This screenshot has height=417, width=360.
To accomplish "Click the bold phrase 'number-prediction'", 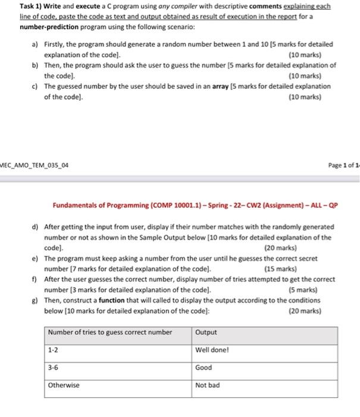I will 48,27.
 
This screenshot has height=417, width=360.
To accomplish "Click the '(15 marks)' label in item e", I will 280,269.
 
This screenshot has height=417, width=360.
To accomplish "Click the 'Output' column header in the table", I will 206,332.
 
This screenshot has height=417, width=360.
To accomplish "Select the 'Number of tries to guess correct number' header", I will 110,332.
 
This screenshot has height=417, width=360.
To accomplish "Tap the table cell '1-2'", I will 54,350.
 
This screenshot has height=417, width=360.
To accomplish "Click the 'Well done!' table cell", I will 212,350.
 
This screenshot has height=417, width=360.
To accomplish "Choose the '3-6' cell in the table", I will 54,368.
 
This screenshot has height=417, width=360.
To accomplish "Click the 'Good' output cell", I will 204,368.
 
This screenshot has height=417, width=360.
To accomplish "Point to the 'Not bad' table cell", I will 207,385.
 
